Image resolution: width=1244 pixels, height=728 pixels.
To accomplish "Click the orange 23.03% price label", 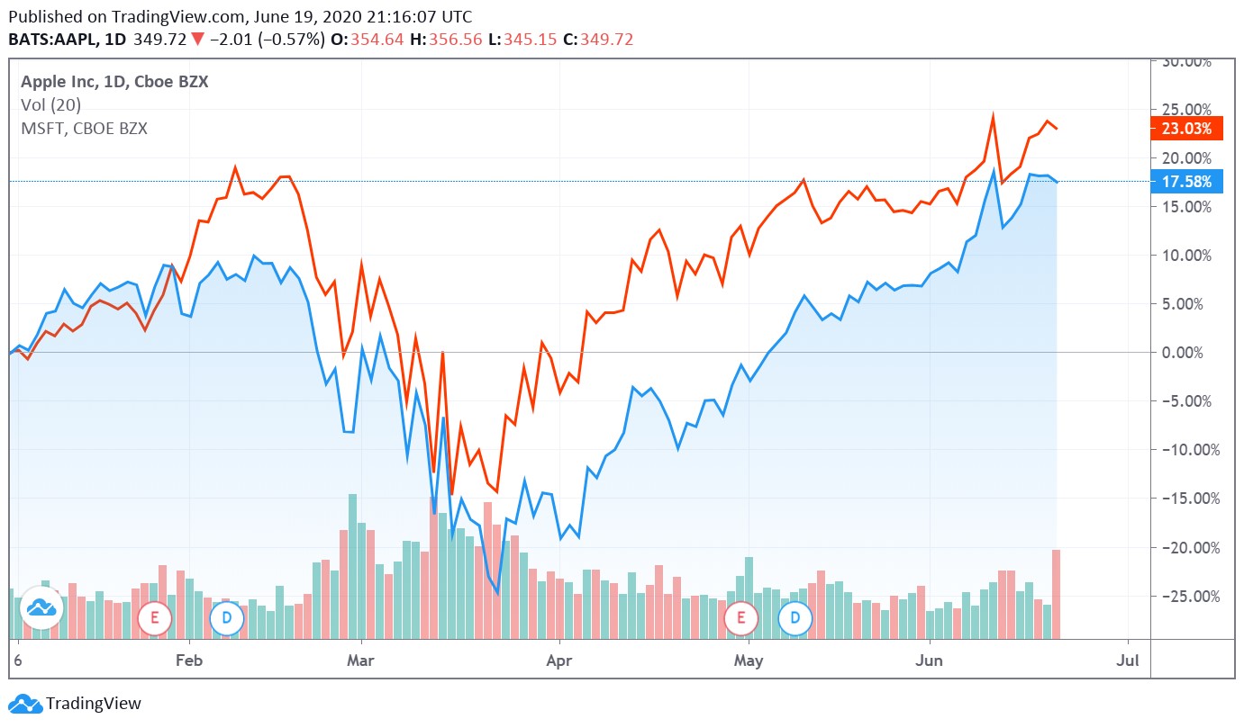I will point(1186,129).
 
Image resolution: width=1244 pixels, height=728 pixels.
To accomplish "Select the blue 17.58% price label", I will point(1186,182).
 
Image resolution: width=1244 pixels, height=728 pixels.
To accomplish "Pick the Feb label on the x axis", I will point(188,661).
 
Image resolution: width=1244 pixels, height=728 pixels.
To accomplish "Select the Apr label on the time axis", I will point(559,661).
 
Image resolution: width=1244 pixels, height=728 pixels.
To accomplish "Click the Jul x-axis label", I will point(1127,661).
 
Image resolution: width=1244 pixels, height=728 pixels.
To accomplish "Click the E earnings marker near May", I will point(741,617).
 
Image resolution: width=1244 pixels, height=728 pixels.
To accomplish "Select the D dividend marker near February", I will point(226,617).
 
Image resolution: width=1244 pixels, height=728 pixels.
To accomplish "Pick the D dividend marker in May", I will point(795,617).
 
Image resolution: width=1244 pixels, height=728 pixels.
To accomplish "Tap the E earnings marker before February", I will point(154,617).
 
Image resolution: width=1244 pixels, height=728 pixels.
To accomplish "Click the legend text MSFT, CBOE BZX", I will point(84,129).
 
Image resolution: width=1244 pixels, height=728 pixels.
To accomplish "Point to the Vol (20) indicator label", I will point(50,105).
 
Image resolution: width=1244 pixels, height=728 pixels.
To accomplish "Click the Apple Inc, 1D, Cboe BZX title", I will point(114,82).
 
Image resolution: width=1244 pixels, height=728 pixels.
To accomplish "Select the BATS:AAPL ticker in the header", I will point(54,40).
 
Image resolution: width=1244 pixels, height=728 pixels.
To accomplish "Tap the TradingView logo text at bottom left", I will point(93,704).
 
